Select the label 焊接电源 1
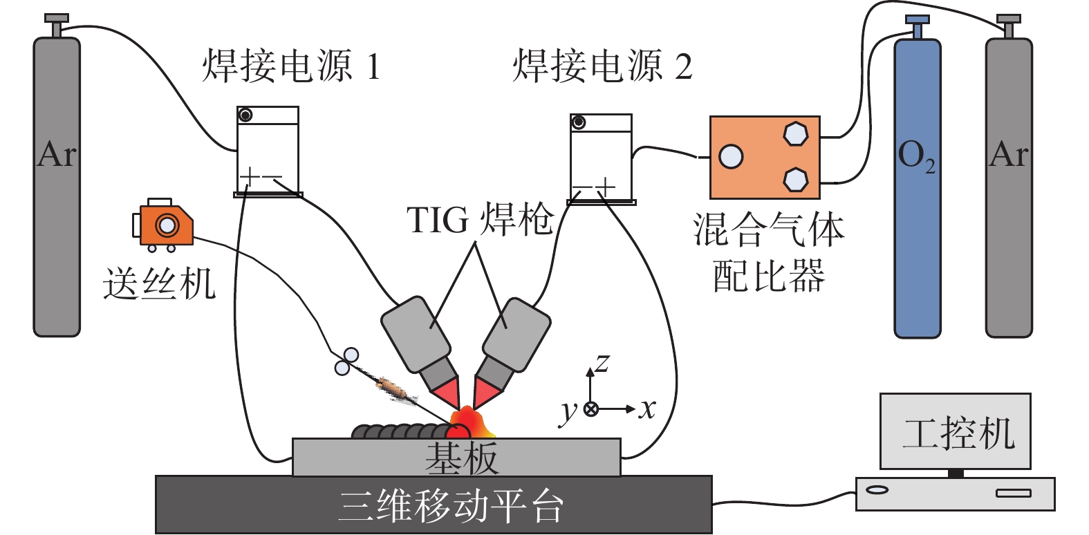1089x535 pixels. [x=291, y=66]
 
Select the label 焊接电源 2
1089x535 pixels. [x=602, y=66]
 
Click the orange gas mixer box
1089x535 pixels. [x=764, y=158]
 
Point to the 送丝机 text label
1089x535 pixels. [x=159, y=283]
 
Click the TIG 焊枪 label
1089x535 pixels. [x=480, y=220]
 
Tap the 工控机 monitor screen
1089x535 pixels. [x=955, y=431]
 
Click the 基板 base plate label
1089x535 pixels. [x=461, y=458]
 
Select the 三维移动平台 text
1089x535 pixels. [x=450, y=506]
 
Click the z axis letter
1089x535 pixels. [x=602, y=362]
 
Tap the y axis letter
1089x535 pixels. [x=568, y=411]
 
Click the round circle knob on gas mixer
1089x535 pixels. [x=731, y=157]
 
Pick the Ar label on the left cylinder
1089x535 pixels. [x=57, y=153]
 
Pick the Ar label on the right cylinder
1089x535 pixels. [x=1009, y=153]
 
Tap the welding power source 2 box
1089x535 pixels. [x=601, y=158]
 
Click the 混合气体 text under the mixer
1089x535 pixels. [x=768, y=230]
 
